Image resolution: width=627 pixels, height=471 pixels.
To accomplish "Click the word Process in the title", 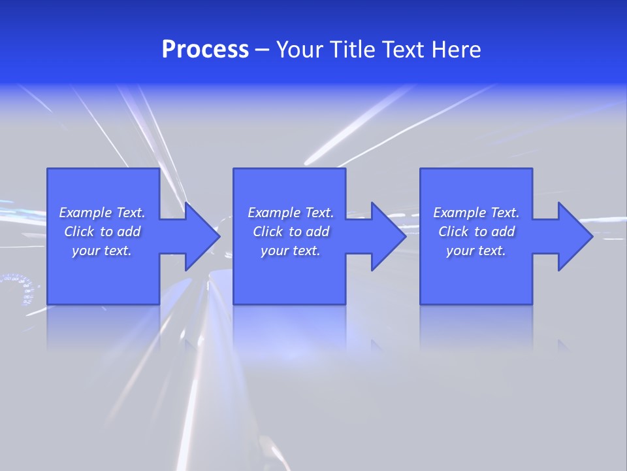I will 205,50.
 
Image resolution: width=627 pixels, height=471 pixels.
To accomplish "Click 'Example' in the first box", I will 85,213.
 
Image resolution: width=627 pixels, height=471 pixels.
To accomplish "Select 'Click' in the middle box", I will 268,232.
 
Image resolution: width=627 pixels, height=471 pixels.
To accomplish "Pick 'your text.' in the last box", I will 476,251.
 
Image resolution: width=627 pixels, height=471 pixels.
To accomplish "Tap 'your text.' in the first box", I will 102,251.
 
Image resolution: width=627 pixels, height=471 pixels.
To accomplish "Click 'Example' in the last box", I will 459,213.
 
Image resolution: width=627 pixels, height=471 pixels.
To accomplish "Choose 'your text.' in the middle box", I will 290,251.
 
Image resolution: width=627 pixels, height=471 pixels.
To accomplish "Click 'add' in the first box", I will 129,232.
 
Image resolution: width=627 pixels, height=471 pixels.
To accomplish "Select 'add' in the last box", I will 503,232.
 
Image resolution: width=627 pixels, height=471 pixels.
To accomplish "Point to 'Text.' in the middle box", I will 319,213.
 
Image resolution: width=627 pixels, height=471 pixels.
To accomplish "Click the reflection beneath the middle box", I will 289,330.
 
